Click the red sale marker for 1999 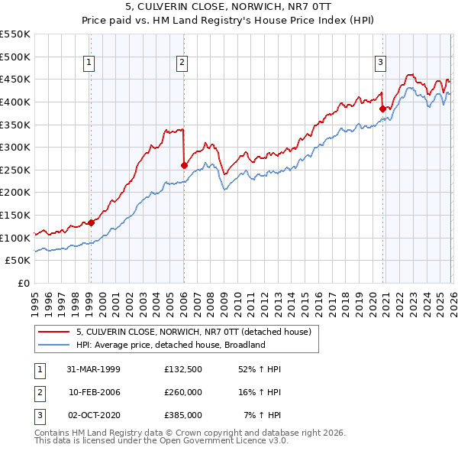[91, 222]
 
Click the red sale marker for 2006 [183, 164]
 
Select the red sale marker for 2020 [382, 109]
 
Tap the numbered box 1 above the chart [90, 63]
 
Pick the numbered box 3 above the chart [380, 63]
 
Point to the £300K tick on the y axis [15, 147]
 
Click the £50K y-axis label [18, 261]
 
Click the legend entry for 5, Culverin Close [193, 333]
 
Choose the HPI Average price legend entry [169, 346]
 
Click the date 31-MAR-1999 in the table [93, 369]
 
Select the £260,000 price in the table [183, 392]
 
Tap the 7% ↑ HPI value [262, 415]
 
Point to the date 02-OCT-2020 [93, 415]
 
